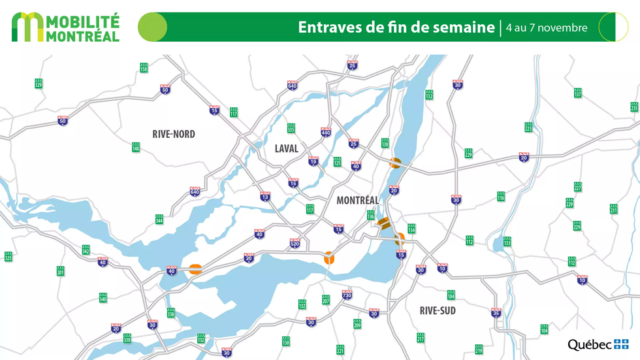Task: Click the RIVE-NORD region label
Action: point(174,135)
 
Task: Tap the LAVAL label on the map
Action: point(286,148)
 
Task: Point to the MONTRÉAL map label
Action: point(357,201)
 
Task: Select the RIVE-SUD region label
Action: point(438,310)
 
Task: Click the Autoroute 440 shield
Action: point(326,132)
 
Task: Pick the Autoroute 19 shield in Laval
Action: point(313,161)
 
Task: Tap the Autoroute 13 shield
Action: point(265,196)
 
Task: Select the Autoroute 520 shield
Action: point(295,244)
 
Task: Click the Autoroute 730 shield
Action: point(347,295)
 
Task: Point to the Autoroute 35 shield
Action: point(496,313)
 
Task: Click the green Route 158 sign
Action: point(144,68)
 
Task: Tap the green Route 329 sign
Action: point(39,84)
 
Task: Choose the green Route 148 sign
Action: point(136,148)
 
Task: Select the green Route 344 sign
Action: point(159,220)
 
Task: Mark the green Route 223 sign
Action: point(528,127)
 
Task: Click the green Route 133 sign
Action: point(507,242)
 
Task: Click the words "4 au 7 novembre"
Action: point(547,28)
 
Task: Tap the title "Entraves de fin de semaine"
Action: point(396,27)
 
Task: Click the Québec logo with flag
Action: point(598,344)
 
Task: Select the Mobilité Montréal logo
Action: point(65,27)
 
